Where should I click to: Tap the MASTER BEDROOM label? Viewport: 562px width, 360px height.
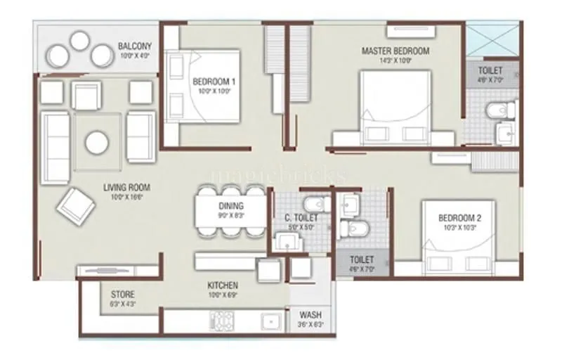[x=395, y=51]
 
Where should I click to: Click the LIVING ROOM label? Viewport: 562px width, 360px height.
[x=126, y=188]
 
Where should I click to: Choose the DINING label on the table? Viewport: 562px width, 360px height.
[x=231, y=206]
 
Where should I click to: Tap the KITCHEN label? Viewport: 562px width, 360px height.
[x=222, y=285]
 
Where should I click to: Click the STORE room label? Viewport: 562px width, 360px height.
[x=122, y=294]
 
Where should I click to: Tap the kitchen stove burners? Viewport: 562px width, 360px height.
[x=223, y=321]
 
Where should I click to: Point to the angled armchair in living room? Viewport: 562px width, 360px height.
[x=76, y=205]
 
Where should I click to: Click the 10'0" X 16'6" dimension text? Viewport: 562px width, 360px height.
[x=126, y=198]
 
